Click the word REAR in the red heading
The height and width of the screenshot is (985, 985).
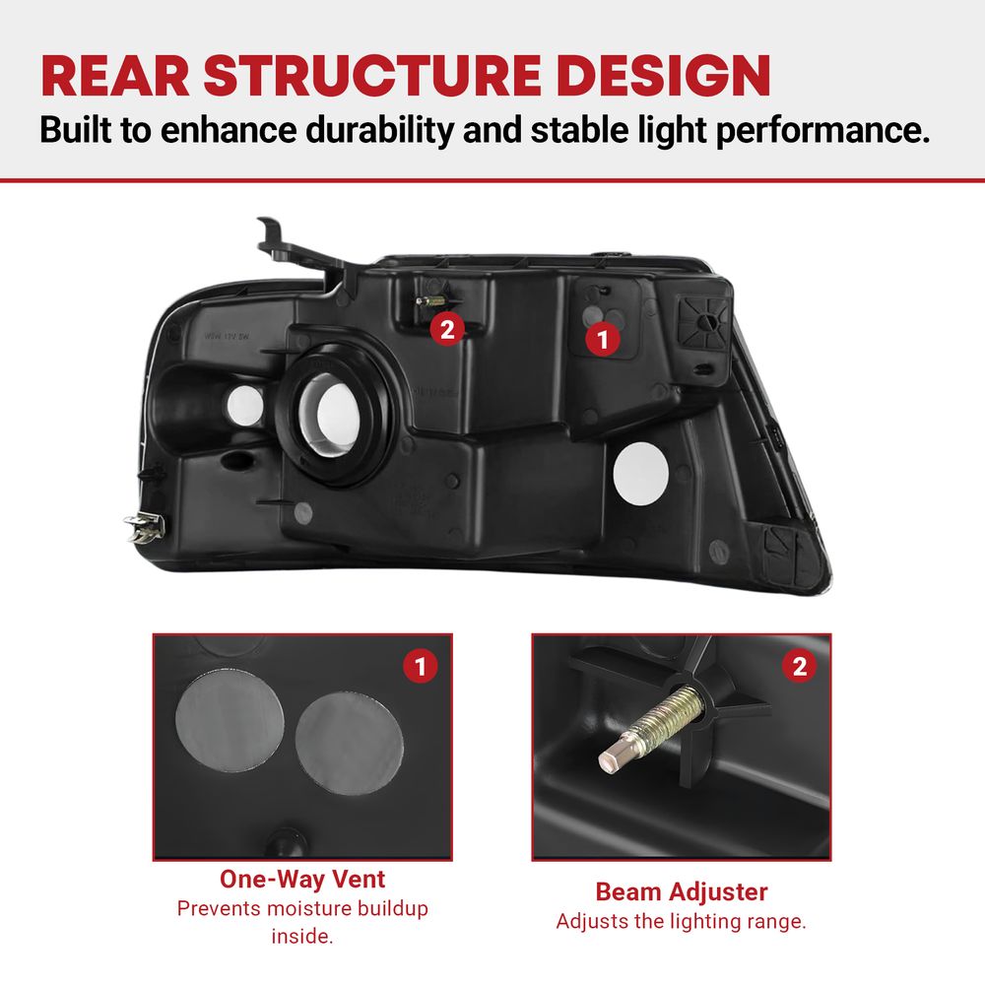tap(115, 76)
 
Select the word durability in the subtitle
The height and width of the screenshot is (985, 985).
tap(379, 129)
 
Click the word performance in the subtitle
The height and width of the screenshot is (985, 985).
tap(822, 131)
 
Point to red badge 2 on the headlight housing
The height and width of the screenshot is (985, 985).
tap(447, 329)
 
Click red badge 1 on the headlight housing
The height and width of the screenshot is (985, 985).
tap(603, 340)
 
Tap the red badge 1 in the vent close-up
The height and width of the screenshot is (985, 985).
tap(421, 666)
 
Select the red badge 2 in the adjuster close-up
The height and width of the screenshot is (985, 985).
tap(800, 666)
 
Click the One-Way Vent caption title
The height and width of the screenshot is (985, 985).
tap(302, 879)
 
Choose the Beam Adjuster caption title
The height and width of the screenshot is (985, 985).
tap(682, 891)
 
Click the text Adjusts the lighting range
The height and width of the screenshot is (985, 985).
tap(681, 921)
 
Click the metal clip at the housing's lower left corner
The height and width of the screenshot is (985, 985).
tap(145, 526)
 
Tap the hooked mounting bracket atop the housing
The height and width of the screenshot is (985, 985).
tap(295, 247)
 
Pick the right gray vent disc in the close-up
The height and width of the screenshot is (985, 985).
tap(350, 743)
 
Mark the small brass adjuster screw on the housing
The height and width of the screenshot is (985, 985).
tap(431, 300)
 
